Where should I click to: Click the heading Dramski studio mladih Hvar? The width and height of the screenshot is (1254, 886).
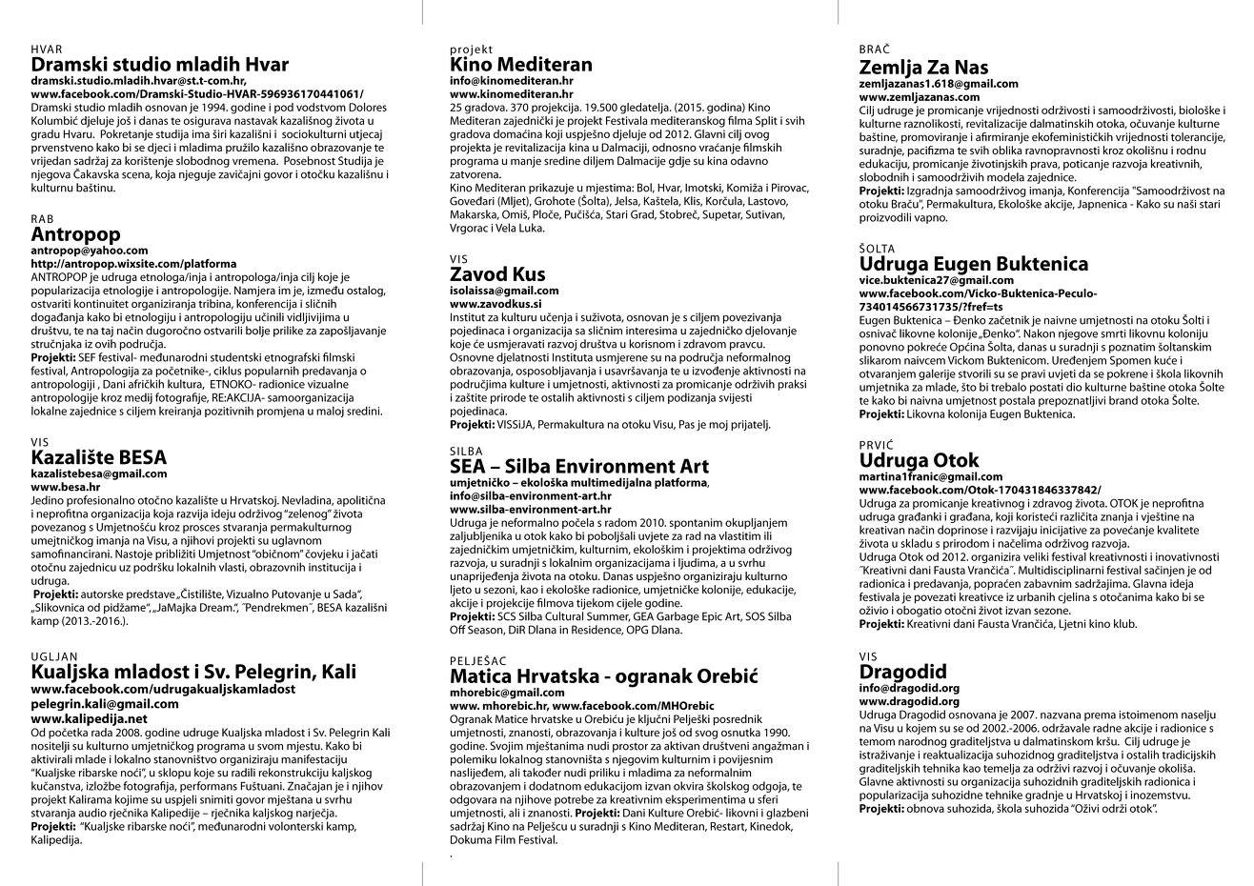click(x=159, y=66)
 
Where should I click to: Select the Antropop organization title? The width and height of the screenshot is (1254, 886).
click(x=76, y=234)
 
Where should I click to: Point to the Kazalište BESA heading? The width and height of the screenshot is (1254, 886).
click(x=98, y=457)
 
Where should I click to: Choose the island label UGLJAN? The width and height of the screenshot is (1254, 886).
click(x=54, y=656)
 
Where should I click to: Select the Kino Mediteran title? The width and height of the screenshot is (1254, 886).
click(x=520, y=66)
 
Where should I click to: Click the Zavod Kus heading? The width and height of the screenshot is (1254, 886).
click(x=497, y=275)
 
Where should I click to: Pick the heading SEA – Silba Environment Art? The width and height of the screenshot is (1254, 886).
click(x=579, y=467)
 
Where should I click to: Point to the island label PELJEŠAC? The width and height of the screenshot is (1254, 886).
click(x=479, y=660)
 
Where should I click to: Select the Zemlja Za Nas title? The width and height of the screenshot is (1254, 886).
click(x=923, y=68)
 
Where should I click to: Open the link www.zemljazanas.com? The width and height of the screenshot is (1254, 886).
click(x=919, y=97)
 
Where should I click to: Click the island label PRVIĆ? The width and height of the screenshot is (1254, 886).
click(x=877, y=445)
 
